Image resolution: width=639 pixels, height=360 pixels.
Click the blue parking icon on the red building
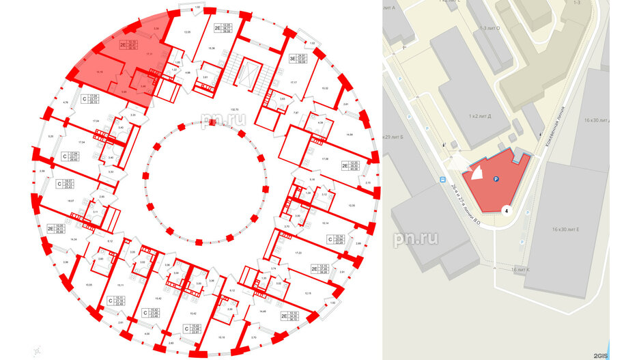496,179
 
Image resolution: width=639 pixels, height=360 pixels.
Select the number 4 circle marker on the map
507,211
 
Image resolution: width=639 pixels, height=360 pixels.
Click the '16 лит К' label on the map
524,271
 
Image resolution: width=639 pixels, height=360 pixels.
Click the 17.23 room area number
298,253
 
